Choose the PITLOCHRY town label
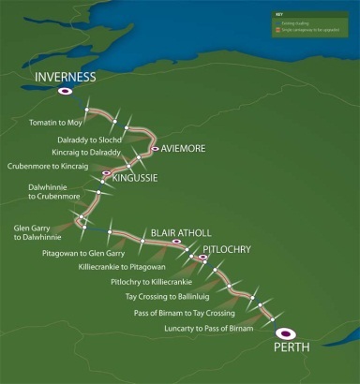tap(228, 251)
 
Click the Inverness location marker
tap(65, 91)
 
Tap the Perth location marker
tap(284, 332)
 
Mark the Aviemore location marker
tap(154, 148)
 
